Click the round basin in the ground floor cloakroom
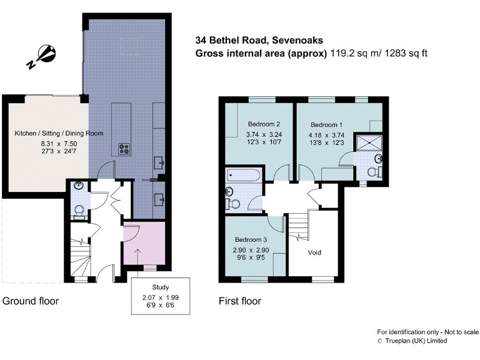point(78,185)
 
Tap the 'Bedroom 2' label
point(264,123)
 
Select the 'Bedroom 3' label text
point(251,239)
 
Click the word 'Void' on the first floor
point(315,252)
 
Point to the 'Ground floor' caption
point(31,301)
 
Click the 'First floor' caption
point(239,301)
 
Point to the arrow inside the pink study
point(137,254)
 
